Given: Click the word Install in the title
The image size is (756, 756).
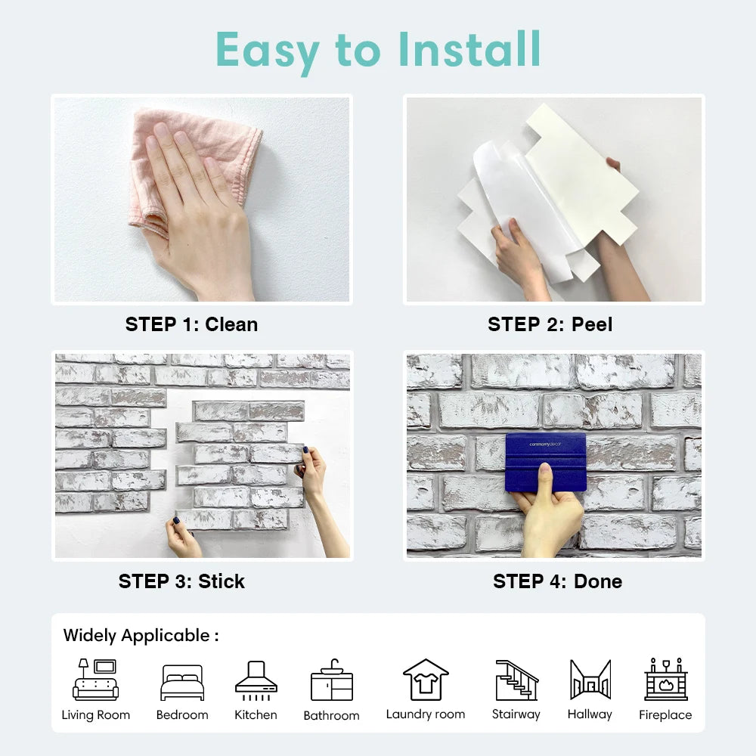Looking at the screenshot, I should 469,49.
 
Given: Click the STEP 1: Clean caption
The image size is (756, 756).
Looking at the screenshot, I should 191,324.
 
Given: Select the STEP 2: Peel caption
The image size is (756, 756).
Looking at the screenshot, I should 550,324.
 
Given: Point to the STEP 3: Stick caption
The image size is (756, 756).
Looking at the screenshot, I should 181,581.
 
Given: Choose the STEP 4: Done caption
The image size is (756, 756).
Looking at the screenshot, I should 558,581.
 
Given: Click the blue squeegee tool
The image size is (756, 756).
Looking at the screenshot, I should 547,462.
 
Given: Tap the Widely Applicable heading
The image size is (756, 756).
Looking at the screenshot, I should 141,635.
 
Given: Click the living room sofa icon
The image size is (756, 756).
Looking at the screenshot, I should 95,680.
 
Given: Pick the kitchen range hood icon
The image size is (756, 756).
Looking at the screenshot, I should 256,678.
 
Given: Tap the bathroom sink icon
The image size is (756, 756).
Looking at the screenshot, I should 331,680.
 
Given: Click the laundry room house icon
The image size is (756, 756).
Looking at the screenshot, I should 426,679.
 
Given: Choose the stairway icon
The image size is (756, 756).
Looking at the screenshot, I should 516,680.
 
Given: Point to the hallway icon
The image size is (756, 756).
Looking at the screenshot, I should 590,680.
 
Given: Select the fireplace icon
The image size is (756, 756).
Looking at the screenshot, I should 665,679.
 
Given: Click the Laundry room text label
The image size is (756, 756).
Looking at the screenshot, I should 426,714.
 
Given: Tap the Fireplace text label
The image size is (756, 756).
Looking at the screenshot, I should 665,715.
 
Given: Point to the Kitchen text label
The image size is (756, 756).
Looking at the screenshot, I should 256,715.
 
